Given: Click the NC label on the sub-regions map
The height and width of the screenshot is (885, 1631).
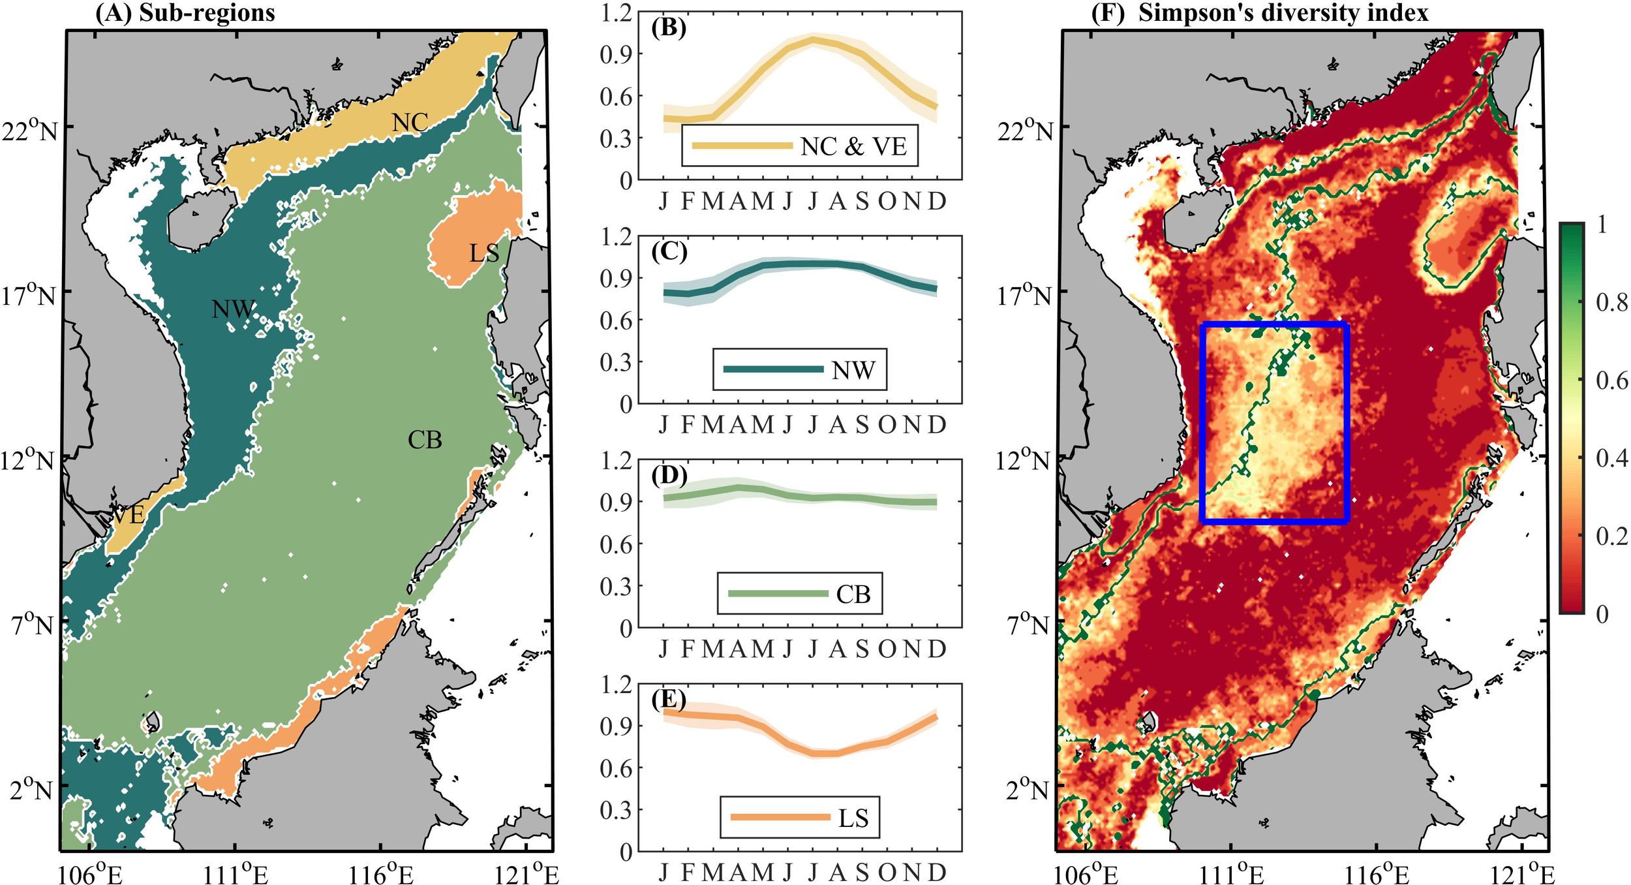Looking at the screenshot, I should (410, 122).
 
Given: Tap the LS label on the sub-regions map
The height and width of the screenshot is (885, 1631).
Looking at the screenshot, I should (483, 253).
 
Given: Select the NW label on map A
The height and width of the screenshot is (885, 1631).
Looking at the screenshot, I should (233, 309).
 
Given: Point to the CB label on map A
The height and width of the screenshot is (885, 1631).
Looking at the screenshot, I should (425, 440).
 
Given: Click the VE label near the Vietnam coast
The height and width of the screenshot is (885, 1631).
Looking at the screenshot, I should (128, 515).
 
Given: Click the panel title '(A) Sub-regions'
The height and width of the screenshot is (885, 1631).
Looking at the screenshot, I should (185, 13).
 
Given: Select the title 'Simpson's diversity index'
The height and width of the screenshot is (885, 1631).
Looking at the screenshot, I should (1283, 13).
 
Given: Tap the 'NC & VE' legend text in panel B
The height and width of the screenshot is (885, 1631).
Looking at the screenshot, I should (853, 146).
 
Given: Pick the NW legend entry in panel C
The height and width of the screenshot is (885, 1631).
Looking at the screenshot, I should (853, 370).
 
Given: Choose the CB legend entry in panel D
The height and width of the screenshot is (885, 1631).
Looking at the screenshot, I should (853, 594).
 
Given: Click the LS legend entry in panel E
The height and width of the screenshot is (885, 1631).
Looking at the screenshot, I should (853, 818).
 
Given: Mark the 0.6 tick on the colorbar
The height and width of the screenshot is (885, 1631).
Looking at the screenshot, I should (1611, 380).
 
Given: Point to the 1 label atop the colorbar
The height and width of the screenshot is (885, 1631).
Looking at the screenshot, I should (1602, 225).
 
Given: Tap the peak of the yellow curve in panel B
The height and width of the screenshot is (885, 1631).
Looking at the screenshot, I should (812, 39).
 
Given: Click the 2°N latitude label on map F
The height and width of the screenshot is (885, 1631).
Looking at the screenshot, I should (1028, 790).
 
